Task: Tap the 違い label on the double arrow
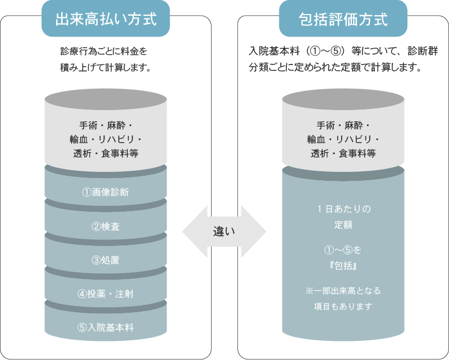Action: coord(224,230)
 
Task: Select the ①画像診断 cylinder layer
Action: coord(106,192)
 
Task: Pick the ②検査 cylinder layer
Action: coord(106,226)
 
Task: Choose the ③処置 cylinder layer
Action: coord(106,260)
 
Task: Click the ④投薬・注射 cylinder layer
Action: coord(106,294)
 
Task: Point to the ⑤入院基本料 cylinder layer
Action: coord(106,327)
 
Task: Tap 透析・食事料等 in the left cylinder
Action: coord(106,153)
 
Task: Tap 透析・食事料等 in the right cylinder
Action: coord(343,153)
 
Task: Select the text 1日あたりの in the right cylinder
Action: coord(343,209)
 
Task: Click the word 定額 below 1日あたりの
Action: coord(343,224)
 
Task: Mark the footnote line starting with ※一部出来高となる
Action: coord(343,291)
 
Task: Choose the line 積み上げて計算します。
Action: coord(107,67)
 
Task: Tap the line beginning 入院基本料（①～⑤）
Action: coord(343,51)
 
